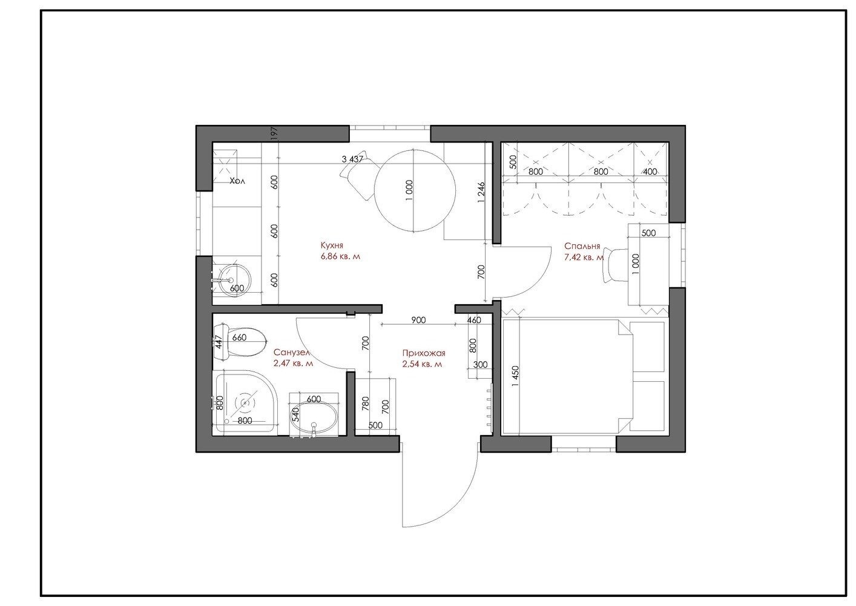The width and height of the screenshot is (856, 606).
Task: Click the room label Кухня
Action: tap(332, 245)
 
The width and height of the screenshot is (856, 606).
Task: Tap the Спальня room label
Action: tap(582, 246)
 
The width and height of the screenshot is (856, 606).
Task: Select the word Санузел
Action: tap(291, 352)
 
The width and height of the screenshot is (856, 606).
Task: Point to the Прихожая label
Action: tap(424, 353)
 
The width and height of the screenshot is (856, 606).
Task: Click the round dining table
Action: tap(415, 190)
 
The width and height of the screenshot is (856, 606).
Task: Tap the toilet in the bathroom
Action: tap(240, 342)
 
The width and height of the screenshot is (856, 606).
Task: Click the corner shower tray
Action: tap(245, 402)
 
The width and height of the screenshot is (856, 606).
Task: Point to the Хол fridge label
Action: tap(237, 181)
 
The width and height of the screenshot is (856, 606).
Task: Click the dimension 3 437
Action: tap(352, 159)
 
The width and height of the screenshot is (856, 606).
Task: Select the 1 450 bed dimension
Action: tap(516, 377)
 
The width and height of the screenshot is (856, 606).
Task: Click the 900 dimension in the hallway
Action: tap(418, 320)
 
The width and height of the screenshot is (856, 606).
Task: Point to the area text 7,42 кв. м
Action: tap(584, 258)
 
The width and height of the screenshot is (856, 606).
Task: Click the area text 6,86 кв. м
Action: tap(340, 257)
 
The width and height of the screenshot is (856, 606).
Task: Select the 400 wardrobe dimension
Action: tap(650, 171)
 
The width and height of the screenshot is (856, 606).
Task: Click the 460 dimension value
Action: tap(474, 320)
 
